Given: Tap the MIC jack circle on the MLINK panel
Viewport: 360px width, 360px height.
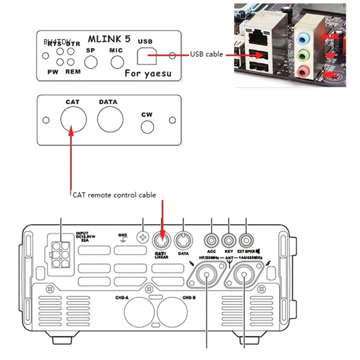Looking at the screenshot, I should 117,61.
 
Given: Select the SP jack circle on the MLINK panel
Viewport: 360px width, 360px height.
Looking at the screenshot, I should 91,61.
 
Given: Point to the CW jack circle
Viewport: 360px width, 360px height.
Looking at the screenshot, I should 148,127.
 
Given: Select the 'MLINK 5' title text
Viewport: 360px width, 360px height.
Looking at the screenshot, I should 109,39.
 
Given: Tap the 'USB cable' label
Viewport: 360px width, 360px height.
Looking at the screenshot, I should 206,54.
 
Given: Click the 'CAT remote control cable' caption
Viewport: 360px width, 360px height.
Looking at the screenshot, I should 114,195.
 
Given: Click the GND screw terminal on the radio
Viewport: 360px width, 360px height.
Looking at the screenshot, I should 143,237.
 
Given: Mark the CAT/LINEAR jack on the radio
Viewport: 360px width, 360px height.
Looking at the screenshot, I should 162,238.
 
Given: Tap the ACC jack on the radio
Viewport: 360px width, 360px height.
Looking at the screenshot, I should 211,238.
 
